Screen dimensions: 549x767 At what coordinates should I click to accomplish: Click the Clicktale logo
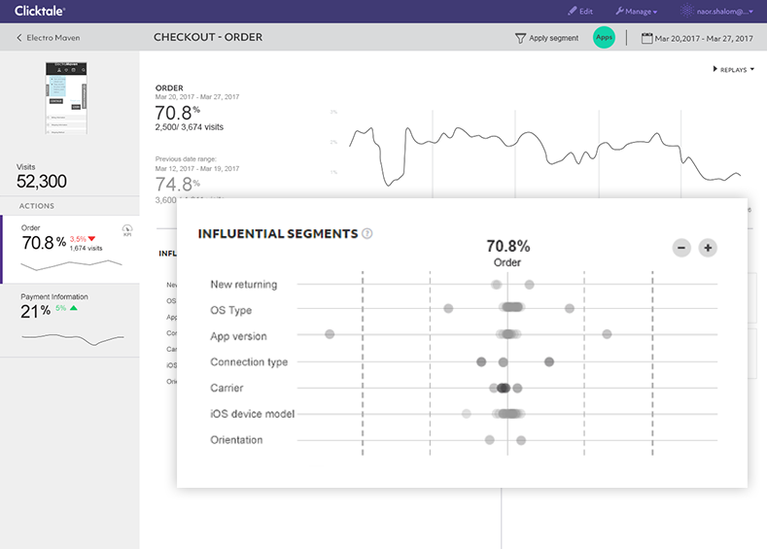pos(40,12)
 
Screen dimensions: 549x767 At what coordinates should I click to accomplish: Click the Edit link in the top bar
pos(580,12)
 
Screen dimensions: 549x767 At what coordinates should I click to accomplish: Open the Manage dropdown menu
pos(637,12)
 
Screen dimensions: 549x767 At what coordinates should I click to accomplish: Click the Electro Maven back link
pos(49,38)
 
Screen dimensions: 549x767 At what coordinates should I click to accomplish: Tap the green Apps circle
pos(605,38)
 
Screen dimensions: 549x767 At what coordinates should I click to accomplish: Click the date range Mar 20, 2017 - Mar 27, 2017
pos(697,38)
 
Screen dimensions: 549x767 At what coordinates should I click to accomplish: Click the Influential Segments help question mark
pos(366,234)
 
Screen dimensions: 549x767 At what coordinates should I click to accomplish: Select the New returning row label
pos(243,285)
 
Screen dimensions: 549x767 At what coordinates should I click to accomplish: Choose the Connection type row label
pos(249,362)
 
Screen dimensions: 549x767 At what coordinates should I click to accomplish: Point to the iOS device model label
pos(252,414)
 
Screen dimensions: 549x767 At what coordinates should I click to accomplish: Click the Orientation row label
pos(236,440)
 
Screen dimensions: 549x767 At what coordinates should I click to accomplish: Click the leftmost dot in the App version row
pos(330,334)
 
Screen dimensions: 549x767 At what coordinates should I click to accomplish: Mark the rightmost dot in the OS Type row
pos(570,309)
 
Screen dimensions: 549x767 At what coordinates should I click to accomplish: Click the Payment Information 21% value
pos(35,311)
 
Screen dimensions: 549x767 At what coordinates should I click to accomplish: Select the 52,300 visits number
pos(42,181)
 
